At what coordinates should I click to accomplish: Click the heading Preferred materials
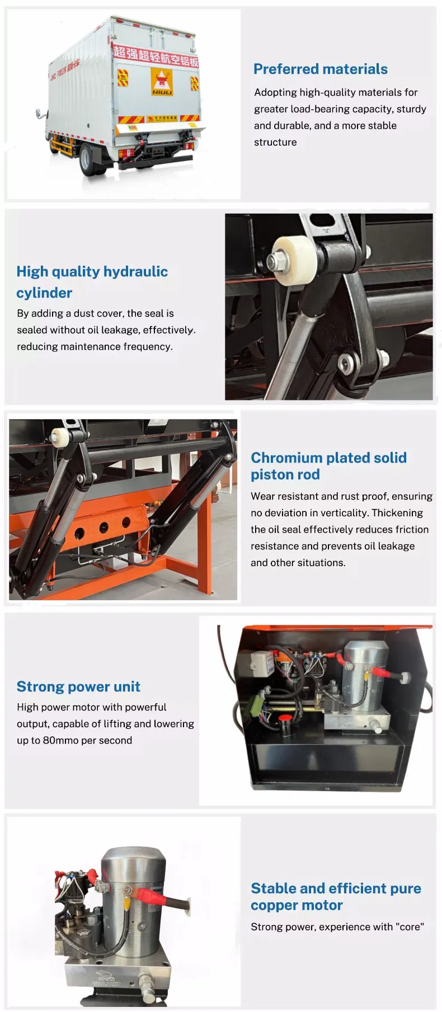pyautogui.click(x=320, y=69)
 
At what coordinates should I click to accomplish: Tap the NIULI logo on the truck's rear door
pyautogui.click(x=162, y=82)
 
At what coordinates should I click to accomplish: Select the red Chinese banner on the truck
pyautogui.click(x=156, y=56)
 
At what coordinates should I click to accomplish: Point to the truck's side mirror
pyautogui.click(x=40, y=114)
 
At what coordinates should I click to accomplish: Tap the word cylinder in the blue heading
pyautogui.click(x=44, y=293)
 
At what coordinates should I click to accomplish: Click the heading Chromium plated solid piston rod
pyautogui.click(x=328, y=466)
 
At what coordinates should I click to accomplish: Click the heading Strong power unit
pyautogui.click(x=78, y=686)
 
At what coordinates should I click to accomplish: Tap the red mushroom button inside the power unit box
pyautogui.click(x=285, y=718)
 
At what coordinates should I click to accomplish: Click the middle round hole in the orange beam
pyautogui.click(x=104, y=528)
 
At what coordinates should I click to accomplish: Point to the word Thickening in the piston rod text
pyautogui.click(x=397, y=512)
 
